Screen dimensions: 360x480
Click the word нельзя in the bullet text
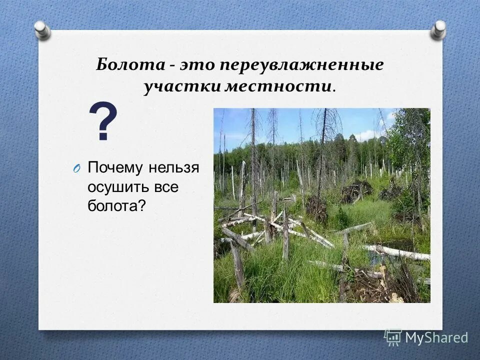[175, 167]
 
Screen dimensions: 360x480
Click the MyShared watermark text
[436, 337]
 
